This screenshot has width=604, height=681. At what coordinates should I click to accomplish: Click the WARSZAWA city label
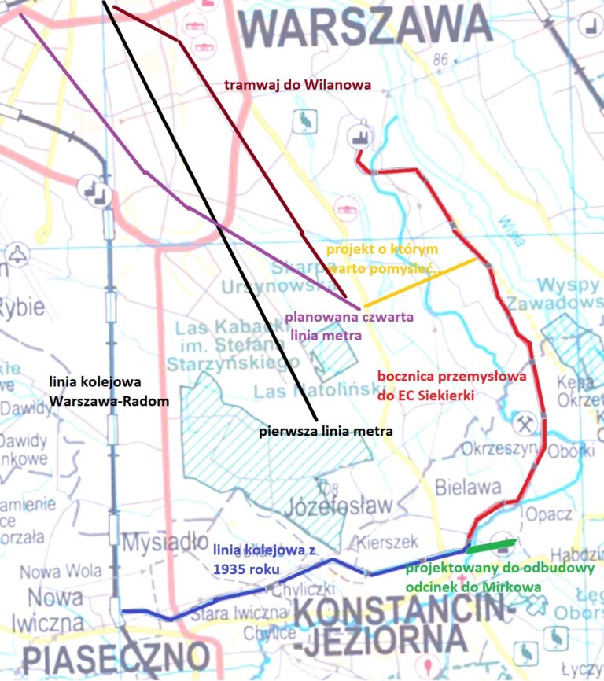(x=366, y=27)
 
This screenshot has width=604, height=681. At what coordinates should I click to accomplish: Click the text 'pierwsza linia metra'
(x=326, y=431)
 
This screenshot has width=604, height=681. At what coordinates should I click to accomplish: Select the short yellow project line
(x=419, y=282)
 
